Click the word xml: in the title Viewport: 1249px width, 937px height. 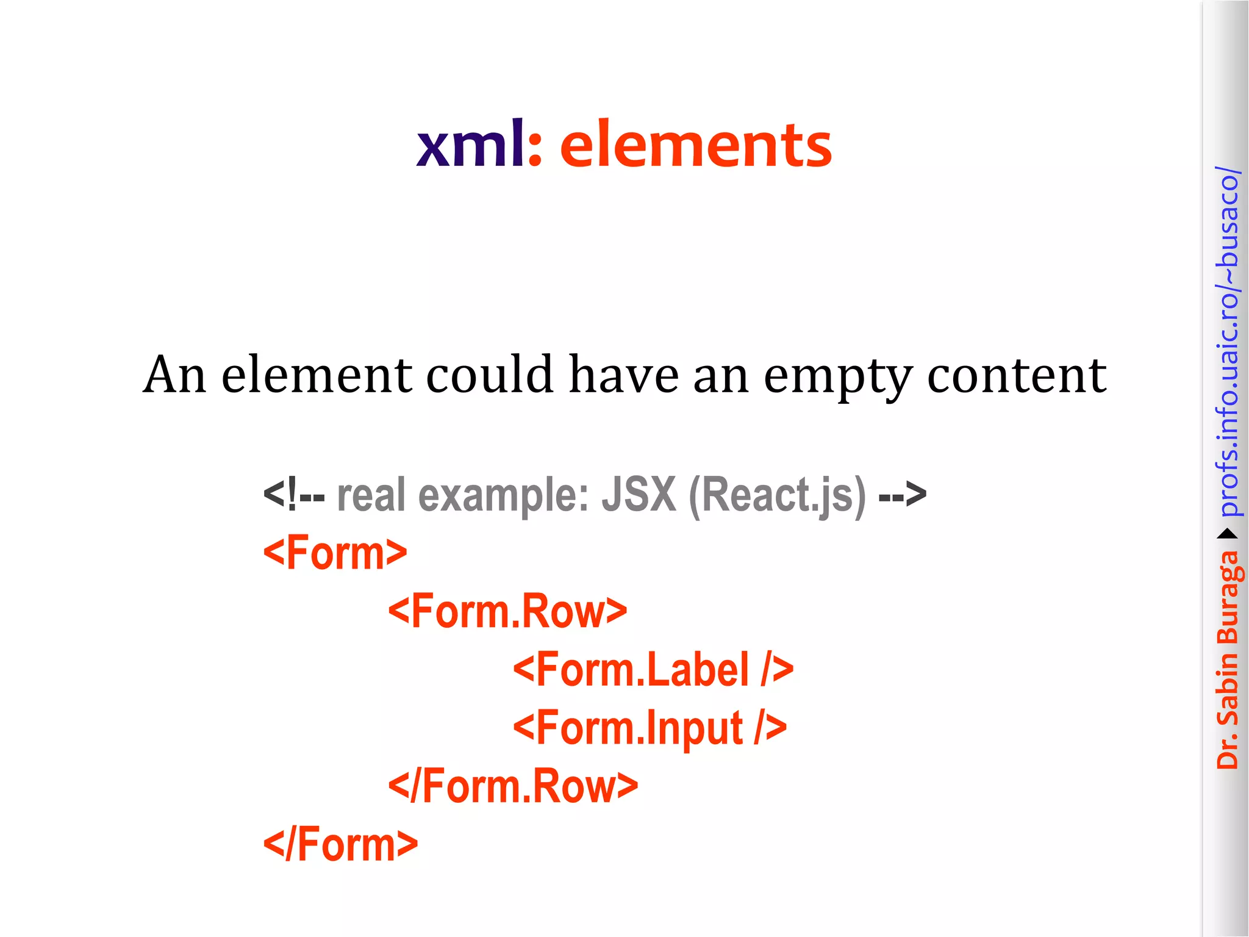[479, 145]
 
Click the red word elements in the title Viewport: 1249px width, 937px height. [695, 145]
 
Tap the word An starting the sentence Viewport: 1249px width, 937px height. [174, 374]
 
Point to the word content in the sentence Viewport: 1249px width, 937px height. [1017, 375]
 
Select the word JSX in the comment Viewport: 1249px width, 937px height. [639, 494]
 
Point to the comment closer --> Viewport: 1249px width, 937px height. [902, 494]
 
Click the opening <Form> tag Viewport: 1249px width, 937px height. [335, 553]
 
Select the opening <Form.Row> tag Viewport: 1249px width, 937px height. [507, 611]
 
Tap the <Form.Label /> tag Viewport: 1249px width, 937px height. [653, 669]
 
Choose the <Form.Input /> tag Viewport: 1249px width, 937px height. [650, 728]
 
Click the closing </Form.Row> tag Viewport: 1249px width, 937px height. [513, 786]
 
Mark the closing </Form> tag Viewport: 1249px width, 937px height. [340, 844]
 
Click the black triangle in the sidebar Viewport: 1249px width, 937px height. [1228, 534]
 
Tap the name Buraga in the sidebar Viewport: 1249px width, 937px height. [1228, 598]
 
